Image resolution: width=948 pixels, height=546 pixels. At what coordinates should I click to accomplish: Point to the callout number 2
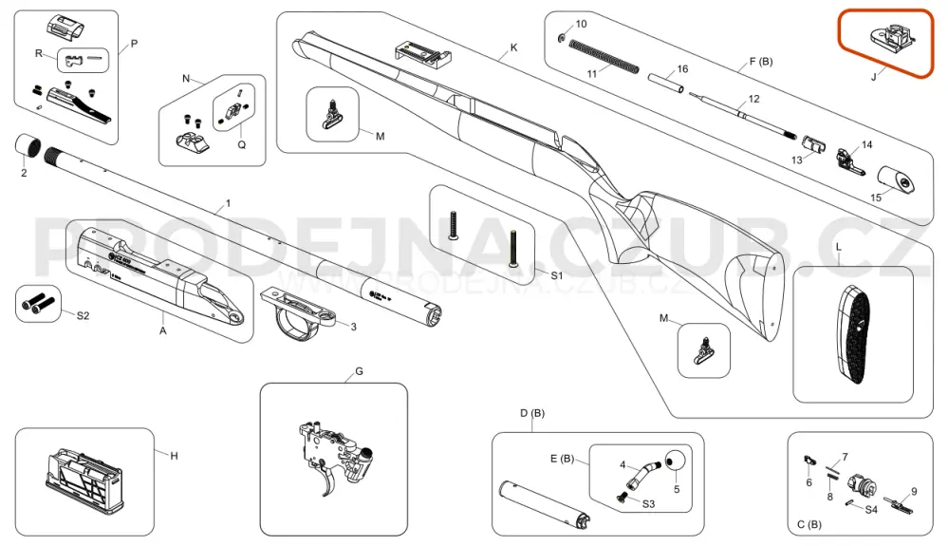(24, 173)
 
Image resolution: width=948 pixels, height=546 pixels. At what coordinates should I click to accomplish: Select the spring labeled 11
(604, 59)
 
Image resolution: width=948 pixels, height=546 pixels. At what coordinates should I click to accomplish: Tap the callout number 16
(680, 69)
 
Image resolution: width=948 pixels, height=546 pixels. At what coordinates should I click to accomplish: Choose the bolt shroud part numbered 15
(896, 179)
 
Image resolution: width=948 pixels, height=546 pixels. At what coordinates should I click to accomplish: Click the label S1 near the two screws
(557, 273)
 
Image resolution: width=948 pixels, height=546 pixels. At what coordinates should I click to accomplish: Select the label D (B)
(531, 413)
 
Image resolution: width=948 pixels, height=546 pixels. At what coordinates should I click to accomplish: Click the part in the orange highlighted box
(889, 39)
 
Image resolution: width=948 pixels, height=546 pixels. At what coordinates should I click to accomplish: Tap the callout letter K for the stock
(513, 47)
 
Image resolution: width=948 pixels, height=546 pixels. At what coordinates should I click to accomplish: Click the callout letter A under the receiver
(162, 331)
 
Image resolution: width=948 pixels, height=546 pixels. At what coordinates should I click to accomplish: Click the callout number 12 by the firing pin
(754, 99)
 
